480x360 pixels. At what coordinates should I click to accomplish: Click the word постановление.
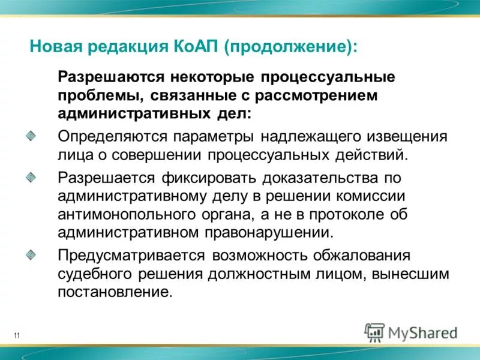pyautogui.click(x=115, y=293)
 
